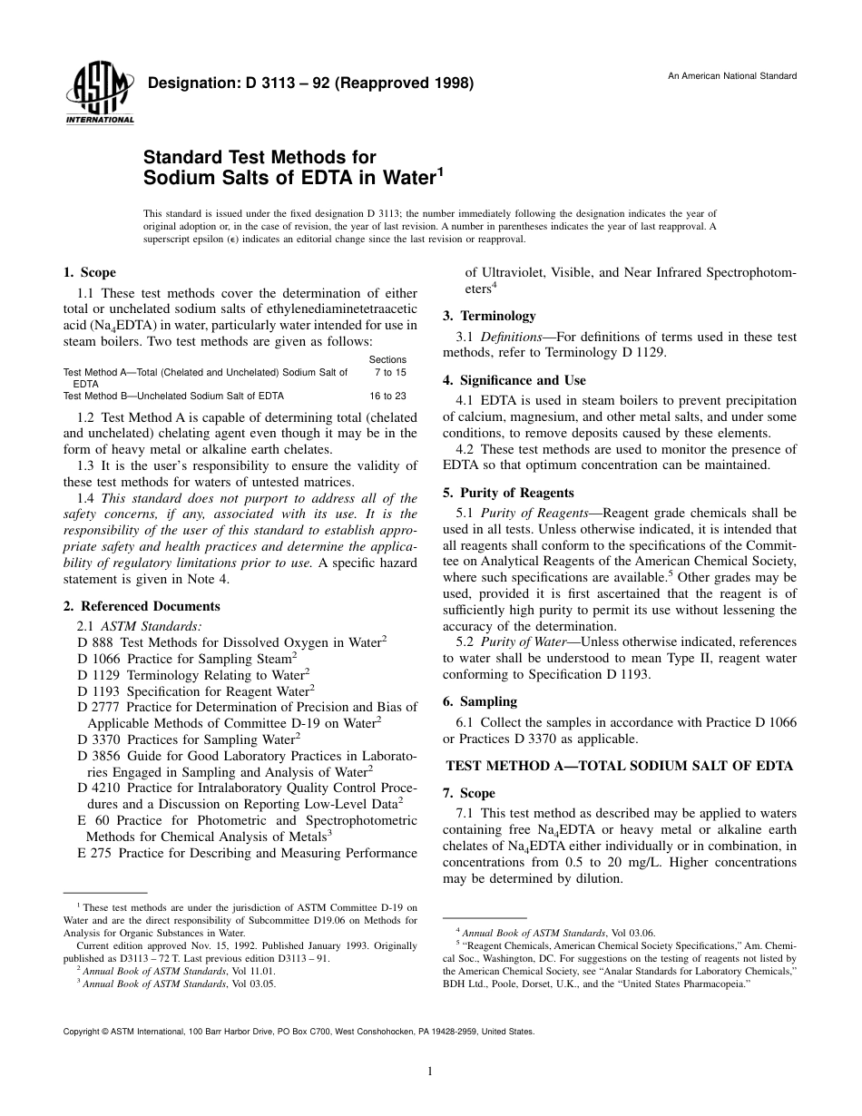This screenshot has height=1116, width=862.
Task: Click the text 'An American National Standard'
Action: point(732,76)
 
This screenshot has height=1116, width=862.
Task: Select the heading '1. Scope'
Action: point(89,272)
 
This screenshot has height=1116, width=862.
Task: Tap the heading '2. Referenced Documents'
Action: point(142,606)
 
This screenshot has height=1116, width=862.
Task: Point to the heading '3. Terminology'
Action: point(489,316)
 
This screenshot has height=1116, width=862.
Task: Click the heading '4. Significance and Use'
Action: point(514,380)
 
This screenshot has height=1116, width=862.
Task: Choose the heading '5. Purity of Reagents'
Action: point(508,493)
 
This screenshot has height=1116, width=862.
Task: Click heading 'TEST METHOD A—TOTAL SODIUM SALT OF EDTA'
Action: point(620,766)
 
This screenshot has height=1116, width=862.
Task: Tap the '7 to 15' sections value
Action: point(390,373)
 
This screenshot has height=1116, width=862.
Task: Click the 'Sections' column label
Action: point(387,360)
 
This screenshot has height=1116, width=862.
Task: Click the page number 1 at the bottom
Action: point(430,1072)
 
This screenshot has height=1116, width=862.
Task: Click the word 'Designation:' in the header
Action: point(187,83)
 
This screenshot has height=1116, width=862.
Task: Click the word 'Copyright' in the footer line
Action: point(83,1032)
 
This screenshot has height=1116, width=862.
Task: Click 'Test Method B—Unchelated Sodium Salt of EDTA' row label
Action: point(173,396)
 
